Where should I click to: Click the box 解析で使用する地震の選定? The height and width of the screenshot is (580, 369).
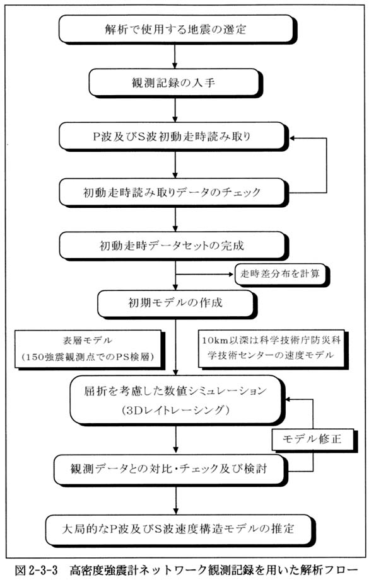(x=177, y=29)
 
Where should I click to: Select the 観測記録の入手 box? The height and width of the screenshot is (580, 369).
(x=175, y=82)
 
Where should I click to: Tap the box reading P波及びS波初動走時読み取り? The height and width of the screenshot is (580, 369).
(x=173, y=137)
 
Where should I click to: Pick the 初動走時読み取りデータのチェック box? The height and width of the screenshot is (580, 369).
(x=173, y=192)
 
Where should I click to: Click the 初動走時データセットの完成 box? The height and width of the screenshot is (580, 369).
(x=173, y=246)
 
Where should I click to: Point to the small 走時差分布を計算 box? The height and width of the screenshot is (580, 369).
(x=281, y=274)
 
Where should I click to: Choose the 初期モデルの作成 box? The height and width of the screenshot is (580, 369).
(x=177, y=304)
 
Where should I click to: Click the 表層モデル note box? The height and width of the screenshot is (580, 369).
(x=89, y=349)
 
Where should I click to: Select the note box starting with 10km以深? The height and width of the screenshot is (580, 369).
(x=272, y=349)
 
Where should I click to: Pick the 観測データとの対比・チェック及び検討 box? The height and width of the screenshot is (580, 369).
(x=170, y=470)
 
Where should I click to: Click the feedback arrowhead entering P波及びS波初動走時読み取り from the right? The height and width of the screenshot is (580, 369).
(x=293, y=139)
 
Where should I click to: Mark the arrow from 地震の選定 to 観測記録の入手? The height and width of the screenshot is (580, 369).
(x=175, y=55)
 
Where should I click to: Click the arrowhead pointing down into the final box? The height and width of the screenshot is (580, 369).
(x=175, y=511)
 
